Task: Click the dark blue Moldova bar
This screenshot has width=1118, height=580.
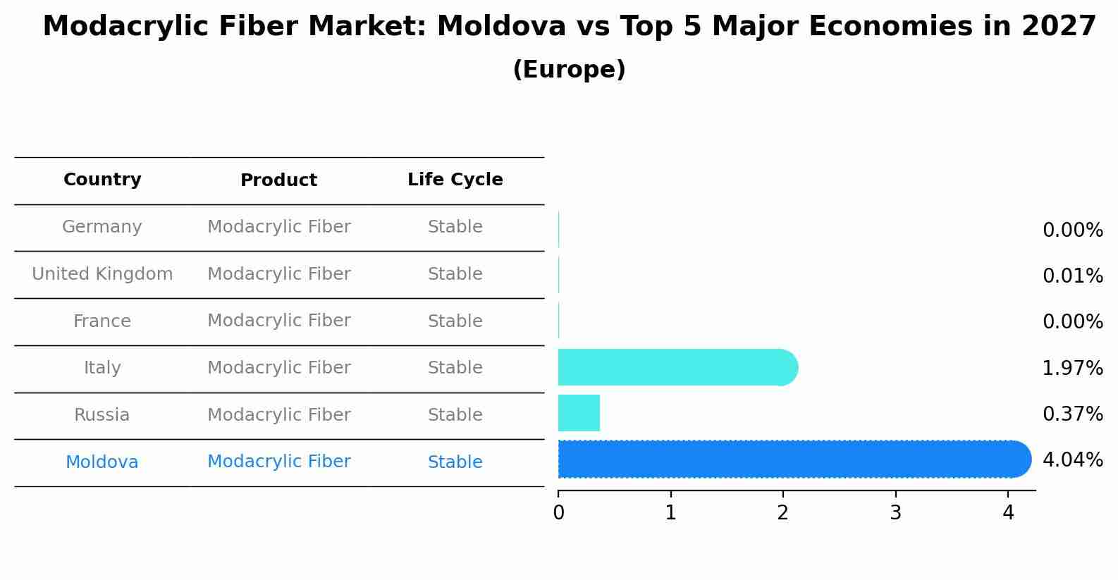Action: (x=794, y=459)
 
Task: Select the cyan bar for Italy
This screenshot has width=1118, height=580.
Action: (x=678, y=367)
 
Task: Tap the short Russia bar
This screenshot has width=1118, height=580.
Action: (x=579, y=413)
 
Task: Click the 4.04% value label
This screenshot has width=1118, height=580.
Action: (x=1073, y=459)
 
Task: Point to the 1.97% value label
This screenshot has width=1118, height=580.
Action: (x=1073, y=369)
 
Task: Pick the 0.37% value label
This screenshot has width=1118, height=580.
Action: (x=1073, y=414)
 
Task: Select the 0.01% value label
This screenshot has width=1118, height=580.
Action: (x=1073, y=276)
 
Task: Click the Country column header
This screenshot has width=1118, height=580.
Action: (x=102, y=179)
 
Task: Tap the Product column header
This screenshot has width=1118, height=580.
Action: (x=278, y=180)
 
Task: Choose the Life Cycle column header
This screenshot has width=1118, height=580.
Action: (x=455, y=179)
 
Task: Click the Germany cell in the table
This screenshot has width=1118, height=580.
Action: (x=102, y=227)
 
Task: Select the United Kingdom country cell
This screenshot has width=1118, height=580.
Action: (x=102, y=273)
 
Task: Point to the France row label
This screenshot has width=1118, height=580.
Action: (x=102, y=321)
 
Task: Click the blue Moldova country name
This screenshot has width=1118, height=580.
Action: (x=102, y=462)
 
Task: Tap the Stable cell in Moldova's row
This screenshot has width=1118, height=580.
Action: (x=455, y=462)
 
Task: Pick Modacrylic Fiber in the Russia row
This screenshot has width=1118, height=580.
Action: (x=279, y=415)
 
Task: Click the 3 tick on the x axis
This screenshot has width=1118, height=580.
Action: (x=896, y=512)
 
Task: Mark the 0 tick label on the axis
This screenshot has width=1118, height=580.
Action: (x=558, y=512)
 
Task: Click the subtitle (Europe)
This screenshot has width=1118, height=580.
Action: (x=569, y=69)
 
